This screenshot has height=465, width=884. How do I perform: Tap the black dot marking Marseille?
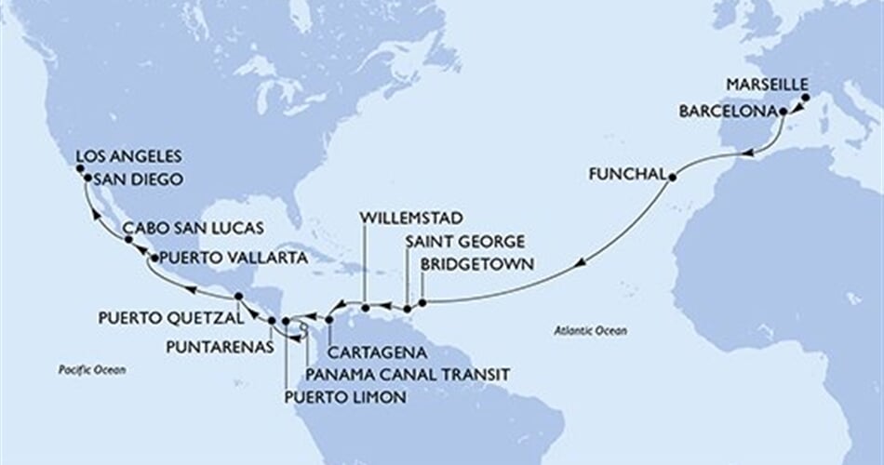point(805,96)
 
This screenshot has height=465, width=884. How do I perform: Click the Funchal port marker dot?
point(672,174)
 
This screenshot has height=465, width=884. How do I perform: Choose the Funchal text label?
point(624,174)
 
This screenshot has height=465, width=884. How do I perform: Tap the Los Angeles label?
point(128,156)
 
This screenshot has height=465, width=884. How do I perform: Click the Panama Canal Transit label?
point(408,374)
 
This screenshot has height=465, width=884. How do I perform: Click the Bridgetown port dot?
point(422,302)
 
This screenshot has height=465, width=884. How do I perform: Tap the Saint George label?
point(456,243)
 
